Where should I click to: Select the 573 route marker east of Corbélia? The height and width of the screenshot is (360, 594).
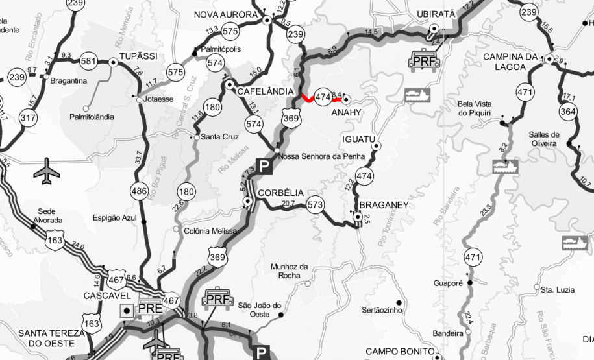(x=316, y=204)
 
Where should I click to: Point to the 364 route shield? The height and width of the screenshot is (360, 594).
(x=568, y=112)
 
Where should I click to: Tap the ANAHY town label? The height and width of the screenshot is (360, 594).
(x=345, y=113)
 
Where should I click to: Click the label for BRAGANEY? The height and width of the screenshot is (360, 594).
(x=384, y=205)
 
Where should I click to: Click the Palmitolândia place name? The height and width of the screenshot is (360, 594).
(x=91, y=117)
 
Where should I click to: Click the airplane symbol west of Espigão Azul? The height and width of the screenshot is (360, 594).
(x=46, y=170)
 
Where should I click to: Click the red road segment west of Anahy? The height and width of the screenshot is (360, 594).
(x=306, y=99)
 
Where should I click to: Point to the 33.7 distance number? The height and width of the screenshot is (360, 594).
(x=138, y=156)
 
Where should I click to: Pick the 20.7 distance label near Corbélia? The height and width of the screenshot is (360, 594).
(x=289, y=203)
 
